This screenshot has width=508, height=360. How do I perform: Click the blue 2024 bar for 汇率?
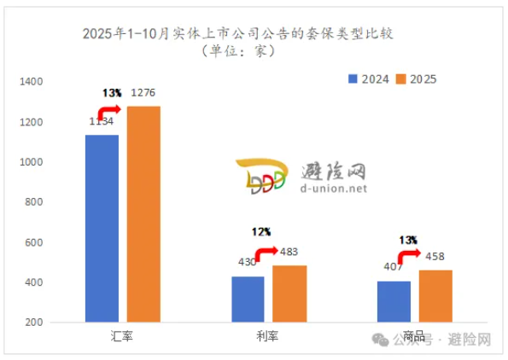pyautogui.click(x=102, y=228)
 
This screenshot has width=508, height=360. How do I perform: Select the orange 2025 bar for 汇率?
pyautogui.click(x=143, y=214)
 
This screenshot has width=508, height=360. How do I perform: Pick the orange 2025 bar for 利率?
pyautogui.click(x=289, y=293)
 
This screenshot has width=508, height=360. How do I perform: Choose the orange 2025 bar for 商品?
pyautogui.click(x=435, y=296)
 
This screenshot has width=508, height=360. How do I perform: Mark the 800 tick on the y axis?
pyautogui.click(x=33, y=202)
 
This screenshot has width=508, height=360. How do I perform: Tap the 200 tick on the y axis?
pyautogui.click(x=33, y=322)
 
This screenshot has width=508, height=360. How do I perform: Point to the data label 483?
pyautogui.click(x=290, y=253)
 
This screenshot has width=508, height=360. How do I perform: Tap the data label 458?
pyautogui.click(x=435, y=257)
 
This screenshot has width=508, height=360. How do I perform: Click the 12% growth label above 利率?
pyautogui.click(x=261, y=231)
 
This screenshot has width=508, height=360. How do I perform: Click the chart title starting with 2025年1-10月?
pyautogui.click(x=241, y=33)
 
